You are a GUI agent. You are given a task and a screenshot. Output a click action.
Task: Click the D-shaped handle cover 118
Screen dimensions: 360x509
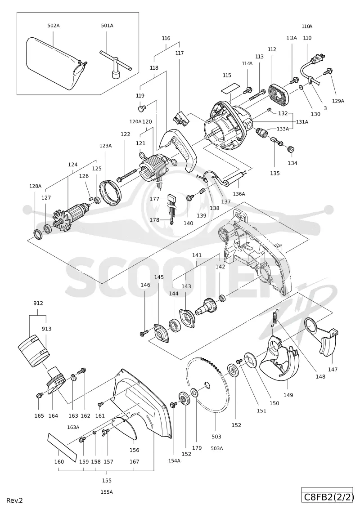(x=180, y=149)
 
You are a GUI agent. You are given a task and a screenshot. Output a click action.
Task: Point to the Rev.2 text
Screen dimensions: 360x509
(x=14, y=500)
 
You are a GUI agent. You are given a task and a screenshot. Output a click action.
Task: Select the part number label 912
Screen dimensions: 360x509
(x=38, y=303)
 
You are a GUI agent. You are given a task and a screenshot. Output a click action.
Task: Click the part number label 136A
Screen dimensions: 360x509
(x=239, y=194)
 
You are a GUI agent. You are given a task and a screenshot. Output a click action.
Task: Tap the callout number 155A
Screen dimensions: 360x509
(x=107, y=492)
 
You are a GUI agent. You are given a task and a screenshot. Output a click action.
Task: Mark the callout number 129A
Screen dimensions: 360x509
(x=337, y=101)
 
